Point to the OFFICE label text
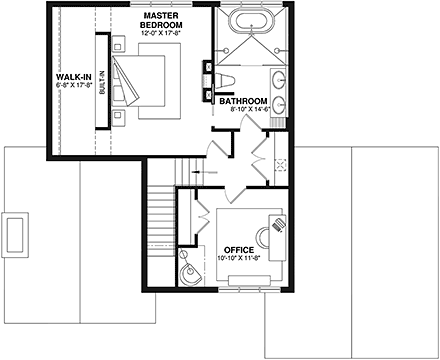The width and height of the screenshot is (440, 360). point(239,249)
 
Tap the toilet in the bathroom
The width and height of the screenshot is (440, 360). point(224,81)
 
